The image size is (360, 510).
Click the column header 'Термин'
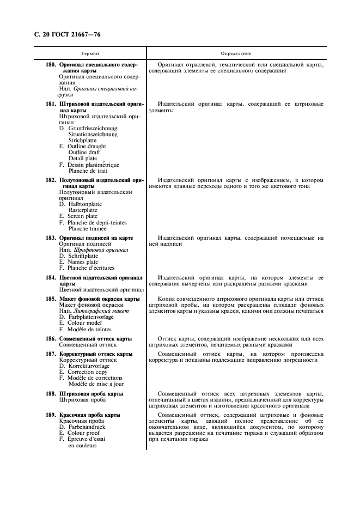click(90, 54)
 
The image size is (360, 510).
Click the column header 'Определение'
click(236, 54)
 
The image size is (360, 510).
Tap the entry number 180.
click(51, 65)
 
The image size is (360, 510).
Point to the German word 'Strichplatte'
click(82, 140)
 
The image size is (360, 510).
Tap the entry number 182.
click(51, 180)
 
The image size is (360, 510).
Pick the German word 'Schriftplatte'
click(84, 256)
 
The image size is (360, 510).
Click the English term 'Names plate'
click(83, 262)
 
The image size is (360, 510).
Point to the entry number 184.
click(51, 277)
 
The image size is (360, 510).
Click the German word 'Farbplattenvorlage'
click(90, 317)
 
